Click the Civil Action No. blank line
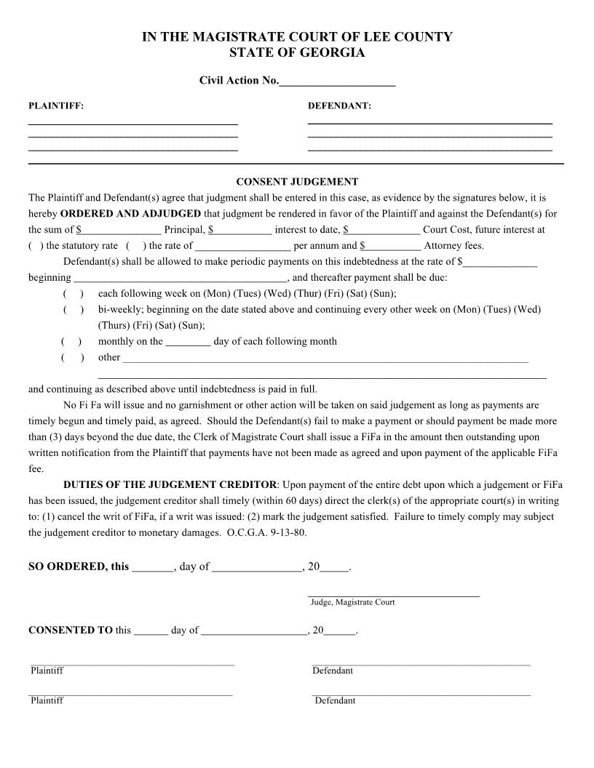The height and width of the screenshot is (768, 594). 337,81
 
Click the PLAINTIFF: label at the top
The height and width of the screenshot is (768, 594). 56,106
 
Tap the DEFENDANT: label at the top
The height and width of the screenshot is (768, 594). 339,106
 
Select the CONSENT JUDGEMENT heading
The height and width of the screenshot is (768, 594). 297,182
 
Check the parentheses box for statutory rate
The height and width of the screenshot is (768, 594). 36,246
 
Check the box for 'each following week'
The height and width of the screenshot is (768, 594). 73,294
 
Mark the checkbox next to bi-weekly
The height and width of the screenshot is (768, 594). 73,310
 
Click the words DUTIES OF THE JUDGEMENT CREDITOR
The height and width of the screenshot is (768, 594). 170,485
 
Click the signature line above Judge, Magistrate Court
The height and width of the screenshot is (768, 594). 393,595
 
